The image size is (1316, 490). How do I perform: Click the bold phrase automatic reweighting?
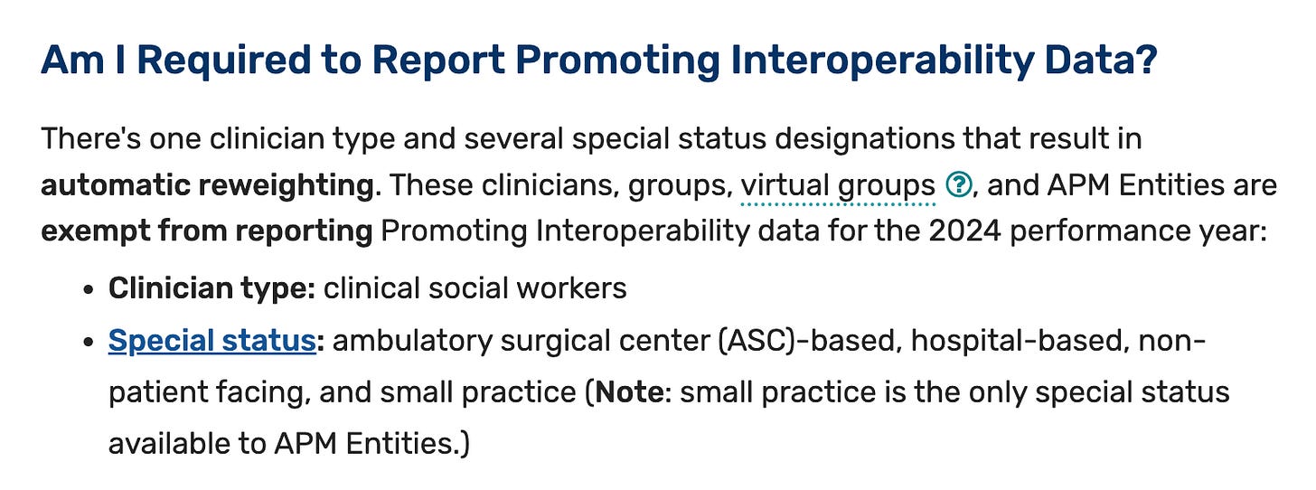(207, 185)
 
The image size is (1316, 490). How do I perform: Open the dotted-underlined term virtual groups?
(838, 185)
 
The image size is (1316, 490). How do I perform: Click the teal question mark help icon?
(959, 184)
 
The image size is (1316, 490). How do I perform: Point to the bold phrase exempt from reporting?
(207, 231)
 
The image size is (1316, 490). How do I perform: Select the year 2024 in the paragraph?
(964, 231)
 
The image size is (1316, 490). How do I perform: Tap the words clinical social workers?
(475, 288)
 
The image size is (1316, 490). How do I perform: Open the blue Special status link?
(212, 341)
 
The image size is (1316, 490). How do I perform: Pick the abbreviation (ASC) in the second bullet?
(761, 341)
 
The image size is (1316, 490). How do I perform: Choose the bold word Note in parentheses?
(629, 391)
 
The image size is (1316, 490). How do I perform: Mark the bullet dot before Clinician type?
(89, 289)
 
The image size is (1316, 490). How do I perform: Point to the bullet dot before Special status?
(89, 342)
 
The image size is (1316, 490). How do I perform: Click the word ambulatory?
(412, 342)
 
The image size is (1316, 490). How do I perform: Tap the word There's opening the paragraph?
(91, 138)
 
